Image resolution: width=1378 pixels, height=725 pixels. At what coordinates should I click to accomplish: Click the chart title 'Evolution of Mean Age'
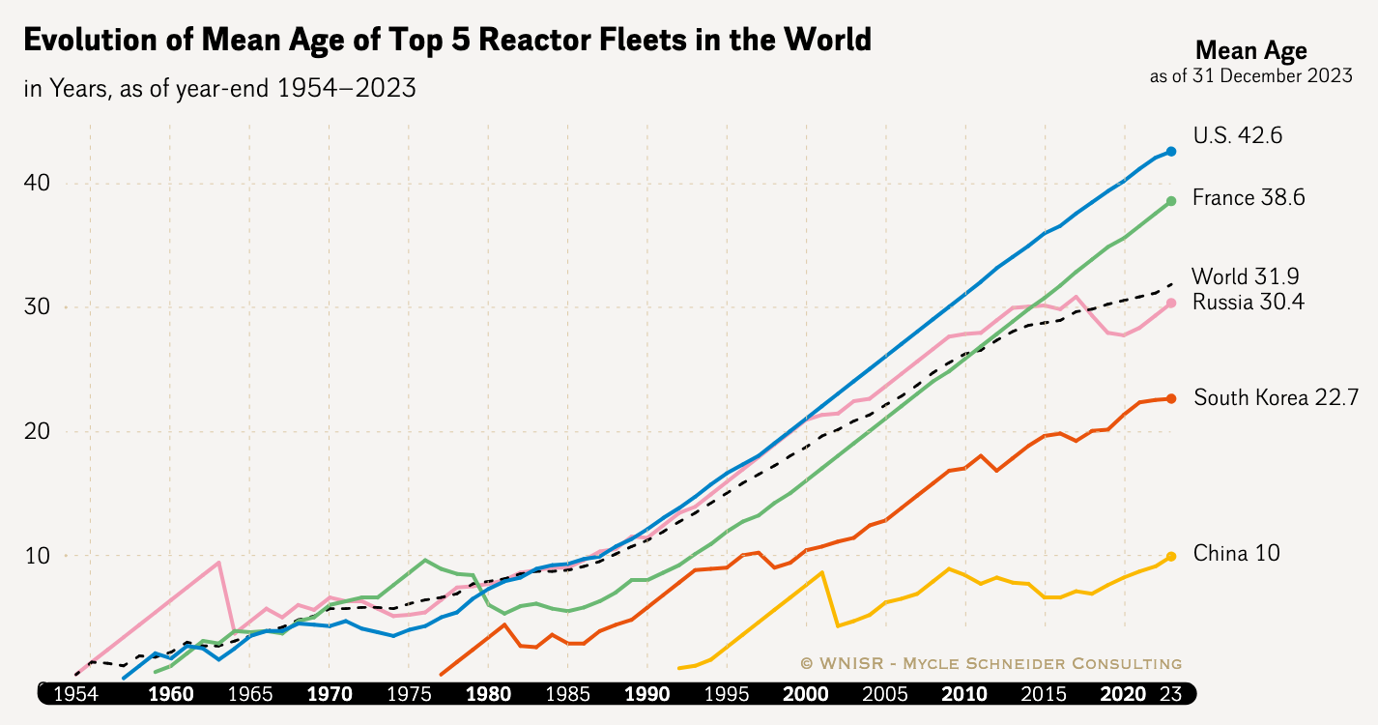(x=446, y=41)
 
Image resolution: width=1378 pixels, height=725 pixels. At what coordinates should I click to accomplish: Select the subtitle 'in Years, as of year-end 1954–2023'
(x=219, y=88)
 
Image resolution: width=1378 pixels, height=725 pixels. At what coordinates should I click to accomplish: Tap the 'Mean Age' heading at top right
(x=1250, y=51)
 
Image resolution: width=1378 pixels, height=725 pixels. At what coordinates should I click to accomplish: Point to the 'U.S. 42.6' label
(x=1237, y=136)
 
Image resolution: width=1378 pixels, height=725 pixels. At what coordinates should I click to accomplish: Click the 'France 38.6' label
(x=1249, y=198)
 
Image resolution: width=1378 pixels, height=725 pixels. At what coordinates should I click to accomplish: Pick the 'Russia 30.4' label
(x=1247, y=303)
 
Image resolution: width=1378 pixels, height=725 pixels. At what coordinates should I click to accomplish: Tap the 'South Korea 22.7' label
(x=1277, y=397)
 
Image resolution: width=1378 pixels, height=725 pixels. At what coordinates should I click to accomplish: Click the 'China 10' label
(x=1236, y=554)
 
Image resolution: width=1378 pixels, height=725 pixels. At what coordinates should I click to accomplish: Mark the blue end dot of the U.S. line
(x=1171, y=152)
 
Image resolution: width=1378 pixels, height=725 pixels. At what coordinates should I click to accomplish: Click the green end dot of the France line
(x=1171, y=201)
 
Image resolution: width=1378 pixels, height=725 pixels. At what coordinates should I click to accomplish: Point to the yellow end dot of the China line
(x=1171, y=556)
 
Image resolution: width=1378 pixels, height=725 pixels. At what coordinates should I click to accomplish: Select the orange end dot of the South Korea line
(x=1171, y=398)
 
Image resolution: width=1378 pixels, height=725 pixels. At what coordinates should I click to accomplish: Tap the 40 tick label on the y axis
(x=36, y=184)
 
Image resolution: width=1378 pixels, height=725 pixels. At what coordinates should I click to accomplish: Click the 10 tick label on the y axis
(x=36, y=556)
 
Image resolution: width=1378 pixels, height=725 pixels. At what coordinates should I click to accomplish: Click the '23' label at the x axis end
(x=1170, y=694)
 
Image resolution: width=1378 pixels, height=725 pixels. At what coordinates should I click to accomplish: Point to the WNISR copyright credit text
(x=990, y=663)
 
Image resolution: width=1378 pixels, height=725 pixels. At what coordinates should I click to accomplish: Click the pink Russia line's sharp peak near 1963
(x=219, y=562)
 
